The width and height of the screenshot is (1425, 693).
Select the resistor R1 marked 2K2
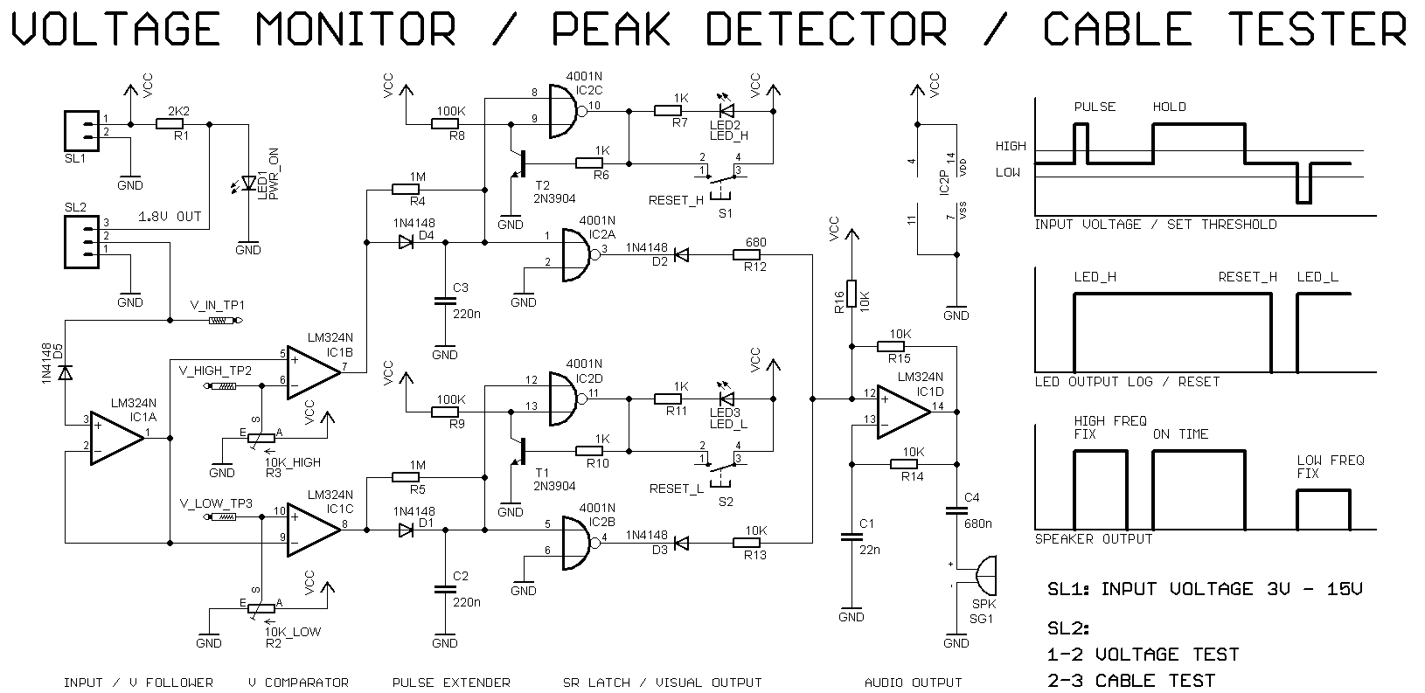[x=169, y=124]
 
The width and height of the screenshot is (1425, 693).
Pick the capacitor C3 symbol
[x=445, y=301]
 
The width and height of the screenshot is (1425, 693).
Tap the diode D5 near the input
[x=65, y=373]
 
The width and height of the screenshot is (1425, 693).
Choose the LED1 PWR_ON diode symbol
[x=248, y=183]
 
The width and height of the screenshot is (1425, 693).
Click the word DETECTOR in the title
[x=826, y=29]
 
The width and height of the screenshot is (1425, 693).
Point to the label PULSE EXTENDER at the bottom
[x=451, y=683]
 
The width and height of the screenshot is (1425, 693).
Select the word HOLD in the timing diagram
[x=1169, y=107]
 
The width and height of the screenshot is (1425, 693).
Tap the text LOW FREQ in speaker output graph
[x=1330, y=460]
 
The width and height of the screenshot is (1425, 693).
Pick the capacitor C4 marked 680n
[x=957, y=512]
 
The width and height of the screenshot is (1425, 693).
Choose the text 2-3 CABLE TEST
[x=1130, y=680]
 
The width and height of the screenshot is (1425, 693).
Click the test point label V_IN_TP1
[x=217, y=306]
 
